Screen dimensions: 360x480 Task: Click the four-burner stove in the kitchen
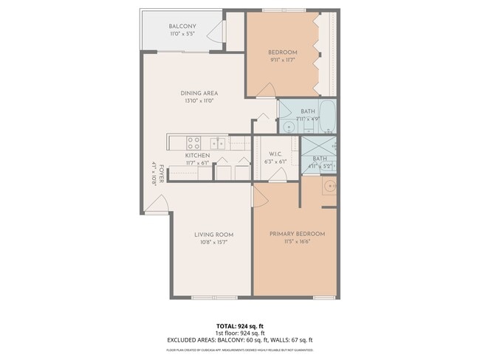[x=194, y=142]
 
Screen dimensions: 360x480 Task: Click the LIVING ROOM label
[x=213, y=235]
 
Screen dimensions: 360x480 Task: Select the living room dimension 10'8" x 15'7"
[x=213, y=242]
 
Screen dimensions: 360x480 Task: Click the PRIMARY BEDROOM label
[x=297, y=234]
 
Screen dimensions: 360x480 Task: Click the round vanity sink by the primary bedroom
[x=330, y=187]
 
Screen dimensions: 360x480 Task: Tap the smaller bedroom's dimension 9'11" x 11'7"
[x=282, y=60]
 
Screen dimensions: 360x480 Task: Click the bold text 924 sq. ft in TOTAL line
[x=251, y=325]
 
